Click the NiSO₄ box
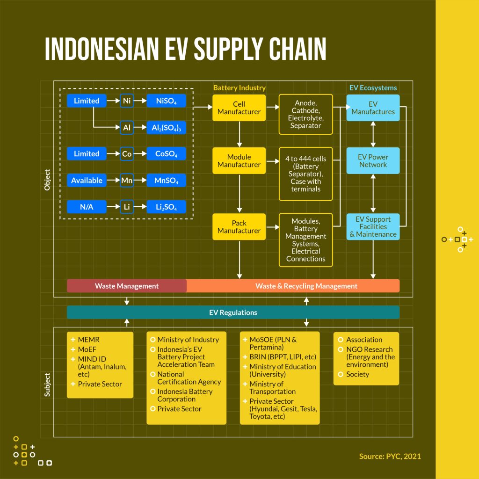click(166, 101)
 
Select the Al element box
click(127, 127)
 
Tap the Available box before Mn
click(87, 180)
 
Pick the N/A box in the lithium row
click(87, 207)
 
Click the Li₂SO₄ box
click(166, 207)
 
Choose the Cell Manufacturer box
click(239, 108)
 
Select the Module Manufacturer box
click(239, 161)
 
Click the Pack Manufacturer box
click(239, 227)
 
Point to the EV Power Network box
click(373, 161)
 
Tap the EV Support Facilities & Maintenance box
click(373, 227)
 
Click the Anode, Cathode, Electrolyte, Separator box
click(306, 114)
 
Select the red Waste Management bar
click(127, 286)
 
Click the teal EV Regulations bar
click(233, 312)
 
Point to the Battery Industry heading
click(239, 88)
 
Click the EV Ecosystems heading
click(373, 88)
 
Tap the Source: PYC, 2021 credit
click(390, 457)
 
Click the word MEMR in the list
click(88, 340)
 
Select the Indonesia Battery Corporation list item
click(185, 395)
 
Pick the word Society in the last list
click(357, 374)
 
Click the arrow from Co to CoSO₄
click(140, 153)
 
